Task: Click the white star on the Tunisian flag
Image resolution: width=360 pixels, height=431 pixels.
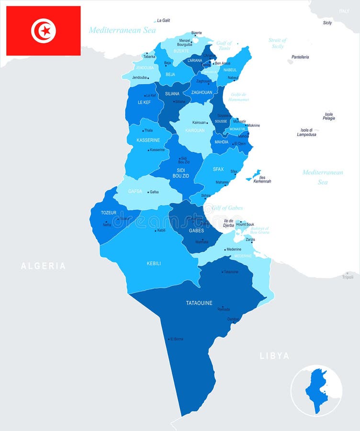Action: coord(45,31)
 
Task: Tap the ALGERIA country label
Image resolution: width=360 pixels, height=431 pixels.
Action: coord(43,266)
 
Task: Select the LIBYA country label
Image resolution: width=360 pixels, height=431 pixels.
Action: coord(274,356)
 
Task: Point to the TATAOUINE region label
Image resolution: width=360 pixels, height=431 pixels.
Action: coord(199,303)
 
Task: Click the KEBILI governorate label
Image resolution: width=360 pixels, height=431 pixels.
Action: coord(154,263)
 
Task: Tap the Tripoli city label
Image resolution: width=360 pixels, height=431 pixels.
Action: coord(348,277)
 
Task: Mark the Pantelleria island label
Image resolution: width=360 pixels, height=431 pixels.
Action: coord(300,57)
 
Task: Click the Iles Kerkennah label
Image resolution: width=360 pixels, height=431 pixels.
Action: coord(262,179)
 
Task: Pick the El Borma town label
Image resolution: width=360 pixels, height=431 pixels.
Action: coord(177,339)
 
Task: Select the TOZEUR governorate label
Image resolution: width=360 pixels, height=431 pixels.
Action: coord(109,213)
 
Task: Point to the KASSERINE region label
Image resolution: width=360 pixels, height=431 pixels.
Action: coord(148,140)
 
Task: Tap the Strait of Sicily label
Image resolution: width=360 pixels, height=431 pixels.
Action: coord(277,43)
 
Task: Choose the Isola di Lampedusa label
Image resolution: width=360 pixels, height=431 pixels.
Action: coord(306,132)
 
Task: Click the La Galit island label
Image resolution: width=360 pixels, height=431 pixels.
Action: coord(164,21)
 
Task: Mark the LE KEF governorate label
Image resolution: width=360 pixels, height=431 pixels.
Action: coord(144,102)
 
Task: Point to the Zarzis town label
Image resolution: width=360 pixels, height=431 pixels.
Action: coord(250,239)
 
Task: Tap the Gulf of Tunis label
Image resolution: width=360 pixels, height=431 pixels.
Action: coord(224,45)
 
